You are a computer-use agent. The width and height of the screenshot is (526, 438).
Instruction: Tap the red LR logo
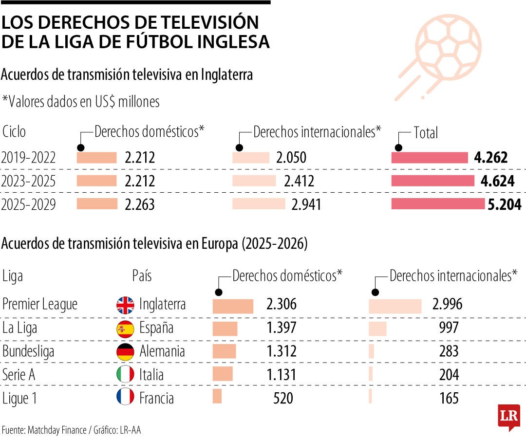pos(508,416)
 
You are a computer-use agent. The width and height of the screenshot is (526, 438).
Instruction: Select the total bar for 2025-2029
pos(438,204)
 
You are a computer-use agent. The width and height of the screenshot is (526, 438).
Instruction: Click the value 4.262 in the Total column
pos(490,157)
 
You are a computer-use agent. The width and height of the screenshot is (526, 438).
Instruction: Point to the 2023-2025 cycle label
pos(28,181)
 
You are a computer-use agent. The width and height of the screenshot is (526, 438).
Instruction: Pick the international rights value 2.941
pos(306,204)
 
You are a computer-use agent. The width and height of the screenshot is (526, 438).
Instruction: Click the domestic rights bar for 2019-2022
pos(97,157)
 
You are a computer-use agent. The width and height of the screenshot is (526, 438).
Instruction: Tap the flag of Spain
pos(125,329)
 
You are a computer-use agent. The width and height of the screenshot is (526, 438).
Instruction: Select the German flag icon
pos(125,352)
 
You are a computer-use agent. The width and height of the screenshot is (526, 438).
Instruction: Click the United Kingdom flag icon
pos(125,305)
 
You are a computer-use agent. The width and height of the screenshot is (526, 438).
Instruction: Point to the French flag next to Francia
pos(125,398)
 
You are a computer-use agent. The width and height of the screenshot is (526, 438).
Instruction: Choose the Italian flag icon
pos(125,374)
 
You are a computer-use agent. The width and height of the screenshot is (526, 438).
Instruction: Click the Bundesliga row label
pos(28,351)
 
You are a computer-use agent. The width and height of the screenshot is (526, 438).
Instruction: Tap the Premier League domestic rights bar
pos(233,306)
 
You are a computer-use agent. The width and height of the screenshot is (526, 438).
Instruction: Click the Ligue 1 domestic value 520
pos(282,398)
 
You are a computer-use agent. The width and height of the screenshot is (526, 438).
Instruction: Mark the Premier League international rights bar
pos(395,306)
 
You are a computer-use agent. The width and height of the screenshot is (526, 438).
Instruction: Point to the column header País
pos(142,276)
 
